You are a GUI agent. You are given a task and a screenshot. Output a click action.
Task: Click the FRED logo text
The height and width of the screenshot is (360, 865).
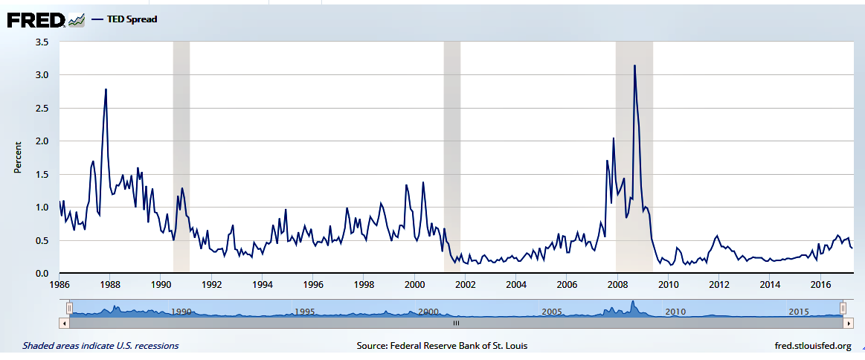click(35, 20)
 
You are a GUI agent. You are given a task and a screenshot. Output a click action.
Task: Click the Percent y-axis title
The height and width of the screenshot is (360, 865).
click(17, 158)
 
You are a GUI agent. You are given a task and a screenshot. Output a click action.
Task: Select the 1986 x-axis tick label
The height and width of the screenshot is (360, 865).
click(60, 285)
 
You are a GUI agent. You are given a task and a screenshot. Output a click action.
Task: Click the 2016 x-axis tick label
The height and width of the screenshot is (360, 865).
click(820, 285)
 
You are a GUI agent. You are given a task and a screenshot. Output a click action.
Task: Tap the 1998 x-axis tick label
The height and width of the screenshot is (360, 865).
click(364, 285)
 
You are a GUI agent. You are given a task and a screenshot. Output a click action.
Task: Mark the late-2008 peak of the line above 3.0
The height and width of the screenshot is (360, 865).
click(634, 66)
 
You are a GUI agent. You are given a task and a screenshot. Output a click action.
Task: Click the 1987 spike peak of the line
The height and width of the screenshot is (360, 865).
click(106, 90)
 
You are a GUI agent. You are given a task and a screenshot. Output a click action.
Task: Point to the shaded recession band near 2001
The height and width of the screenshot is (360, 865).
click(451, 157)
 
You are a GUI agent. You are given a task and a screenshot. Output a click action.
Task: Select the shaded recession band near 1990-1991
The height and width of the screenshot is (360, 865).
click(181, 157)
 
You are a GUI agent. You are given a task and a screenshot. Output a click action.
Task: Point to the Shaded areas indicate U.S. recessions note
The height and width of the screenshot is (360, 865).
click(100, 346)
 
